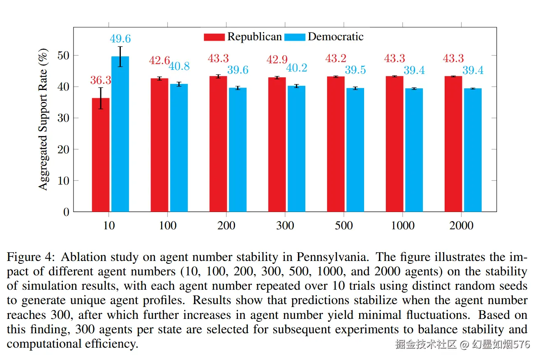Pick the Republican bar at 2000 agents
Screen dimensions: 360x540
coord(453,144)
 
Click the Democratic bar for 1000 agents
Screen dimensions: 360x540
coord(414,150)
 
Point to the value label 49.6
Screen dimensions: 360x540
coord(120,39)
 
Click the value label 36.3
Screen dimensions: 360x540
coord(101,81)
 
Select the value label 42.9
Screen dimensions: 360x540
coord(277,60)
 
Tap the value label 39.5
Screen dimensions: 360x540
coord(355,70)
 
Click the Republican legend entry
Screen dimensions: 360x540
coord(242,37)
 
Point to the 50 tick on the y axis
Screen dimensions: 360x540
coord(65,55)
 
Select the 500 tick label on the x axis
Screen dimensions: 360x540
coord(344,225)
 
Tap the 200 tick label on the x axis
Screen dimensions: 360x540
coord(226,225)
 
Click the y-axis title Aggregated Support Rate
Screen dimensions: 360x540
coord(44,119)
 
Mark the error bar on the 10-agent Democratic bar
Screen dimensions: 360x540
coord(120,57)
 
